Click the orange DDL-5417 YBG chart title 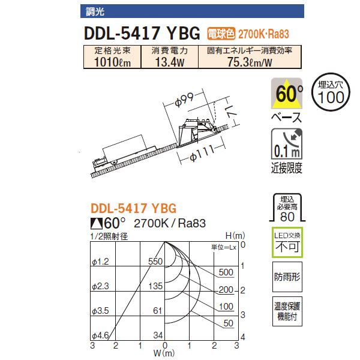click(x=133, y=209)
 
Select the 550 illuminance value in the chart click(x=155, y=262)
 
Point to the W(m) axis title click(x=164, y=353)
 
